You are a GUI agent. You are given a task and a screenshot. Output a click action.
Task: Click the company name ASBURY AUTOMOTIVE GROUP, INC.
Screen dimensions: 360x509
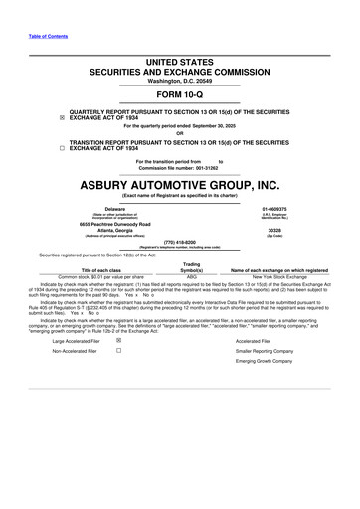(180, 185)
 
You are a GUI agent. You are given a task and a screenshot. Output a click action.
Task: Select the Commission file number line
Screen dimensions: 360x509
(180, 168)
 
